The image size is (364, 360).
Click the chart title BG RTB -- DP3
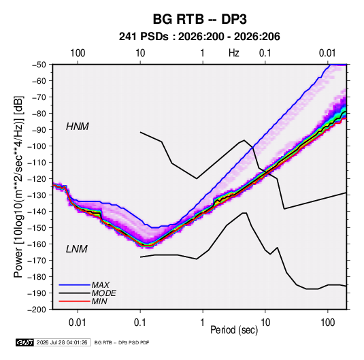click(199, 19)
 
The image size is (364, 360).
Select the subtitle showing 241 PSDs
click(199, 37)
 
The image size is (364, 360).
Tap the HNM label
click(78, 127)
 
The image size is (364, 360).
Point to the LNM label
click(77, 249)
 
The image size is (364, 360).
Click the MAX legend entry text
click(101, 285)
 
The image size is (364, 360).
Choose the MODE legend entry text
click(104, 293)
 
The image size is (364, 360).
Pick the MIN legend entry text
click(99, 301)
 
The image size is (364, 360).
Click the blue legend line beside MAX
click(75, 285)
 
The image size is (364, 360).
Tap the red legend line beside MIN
click(75, 301)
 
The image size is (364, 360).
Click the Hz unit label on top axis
click(234, 53)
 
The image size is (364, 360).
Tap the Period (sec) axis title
click(234, 330)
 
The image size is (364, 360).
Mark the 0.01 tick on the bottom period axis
click(78, 323)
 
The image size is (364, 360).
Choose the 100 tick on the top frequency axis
click(78, 53)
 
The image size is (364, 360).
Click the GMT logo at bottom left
click(25, 342)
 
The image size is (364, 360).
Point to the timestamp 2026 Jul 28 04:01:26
click(62, 342)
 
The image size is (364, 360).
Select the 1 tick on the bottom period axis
click(203, 323)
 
